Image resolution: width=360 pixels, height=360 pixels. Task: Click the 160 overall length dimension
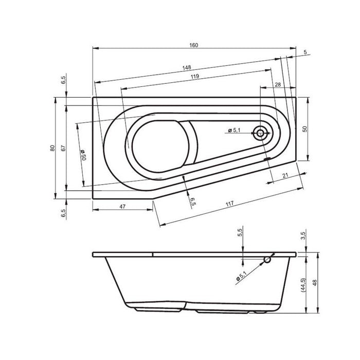click(193, 45)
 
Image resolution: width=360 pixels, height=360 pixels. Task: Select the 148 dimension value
click(187, 67)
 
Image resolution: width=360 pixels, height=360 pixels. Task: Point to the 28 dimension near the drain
click(277, 84)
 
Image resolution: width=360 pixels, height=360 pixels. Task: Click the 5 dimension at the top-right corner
click(305, 52)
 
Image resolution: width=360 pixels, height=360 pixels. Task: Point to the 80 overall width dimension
click(52, 148)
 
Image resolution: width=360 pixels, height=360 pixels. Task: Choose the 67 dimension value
click(63, 148)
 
